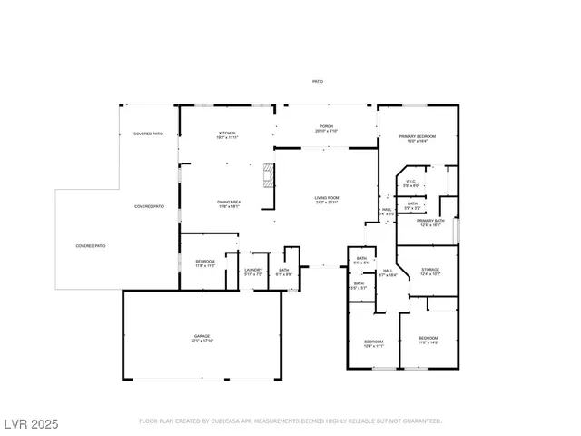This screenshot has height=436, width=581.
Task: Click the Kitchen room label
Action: tap(227, 134)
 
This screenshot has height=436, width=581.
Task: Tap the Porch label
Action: tap(326, 127)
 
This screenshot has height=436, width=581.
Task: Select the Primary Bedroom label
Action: tap(418, 137)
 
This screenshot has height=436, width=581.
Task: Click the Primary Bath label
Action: tap(430, 222)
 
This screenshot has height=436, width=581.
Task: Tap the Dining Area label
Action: tap(228, 203)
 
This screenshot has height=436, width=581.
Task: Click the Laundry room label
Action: tap(253, 271)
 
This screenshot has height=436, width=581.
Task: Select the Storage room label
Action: tap(430, 271)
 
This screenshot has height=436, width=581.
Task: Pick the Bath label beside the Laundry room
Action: tap(283, 271)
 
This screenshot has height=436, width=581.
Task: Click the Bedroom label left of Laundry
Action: tap(204, 263)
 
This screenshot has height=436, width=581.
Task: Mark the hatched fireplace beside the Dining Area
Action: tap(268, 173)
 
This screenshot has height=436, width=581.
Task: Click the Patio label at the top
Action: tap(318, 82)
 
